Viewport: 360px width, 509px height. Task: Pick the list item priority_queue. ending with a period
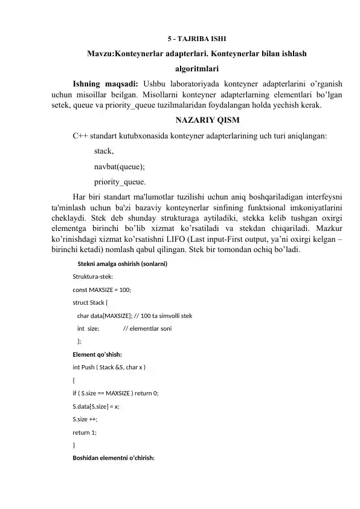(120, 181)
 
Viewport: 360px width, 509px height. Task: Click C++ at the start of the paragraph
(80, 136)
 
